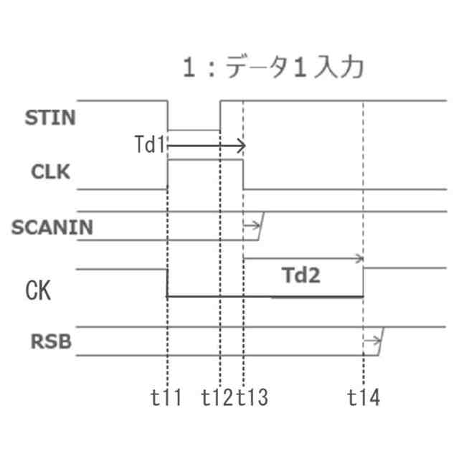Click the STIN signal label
[x=50, y=118]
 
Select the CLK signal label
[x=52, y=173]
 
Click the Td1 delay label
[x=150, y=146]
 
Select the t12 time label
[x=217, y=398]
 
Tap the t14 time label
[x=364, y=398]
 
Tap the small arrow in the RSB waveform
[x=372, y=341]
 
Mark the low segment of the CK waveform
[x=265, y=295]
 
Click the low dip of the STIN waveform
[x=194, y=130]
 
